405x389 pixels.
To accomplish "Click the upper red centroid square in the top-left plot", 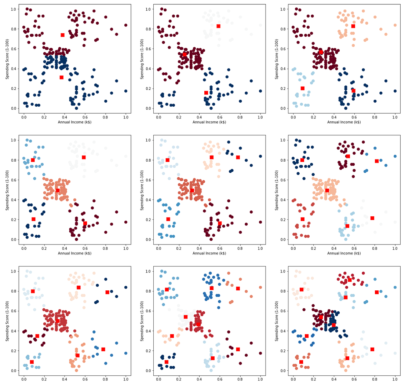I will (63, 35).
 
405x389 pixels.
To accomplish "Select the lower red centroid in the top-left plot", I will (62, 77).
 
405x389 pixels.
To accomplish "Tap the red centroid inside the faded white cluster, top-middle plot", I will (218, 26).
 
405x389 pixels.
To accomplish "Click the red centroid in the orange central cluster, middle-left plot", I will (58, 191).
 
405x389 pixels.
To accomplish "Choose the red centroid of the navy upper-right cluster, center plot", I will (238, 157).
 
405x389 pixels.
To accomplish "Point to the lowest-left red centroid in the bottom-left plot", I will (32, 362).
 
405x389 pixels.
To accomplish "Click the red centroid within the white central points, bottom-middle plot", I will (186, 317).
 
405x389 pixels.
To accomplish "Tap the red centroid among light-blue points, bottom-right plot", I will (346, 297).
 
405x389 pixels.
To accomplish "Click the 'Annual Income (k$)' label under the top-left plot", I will (74, 122).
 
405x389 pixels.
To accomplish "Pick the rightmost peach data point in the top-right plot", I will (395, 25).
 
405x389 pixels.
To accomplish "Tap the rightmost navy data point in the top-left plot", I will (125, 91).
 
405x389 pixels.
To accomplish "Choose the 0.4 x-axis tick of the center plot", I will (199, 248).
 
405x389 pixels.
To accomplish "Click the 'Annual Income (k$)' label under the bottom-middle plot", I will (209, 384).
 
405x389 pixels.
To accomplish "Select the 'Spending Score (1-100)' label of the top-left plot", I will (7, 58).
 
